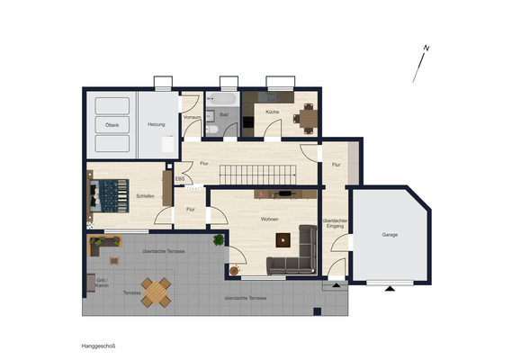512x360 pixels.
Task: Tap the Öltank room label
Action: [112, 125]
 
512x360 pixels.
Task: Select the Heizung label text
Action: [157, 125]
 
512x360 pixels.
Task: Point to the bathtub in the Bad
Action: [220, 99]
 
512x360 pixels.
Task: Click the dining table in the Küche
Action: [308, 115]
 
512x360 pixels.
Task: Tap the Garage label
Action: [389, 234]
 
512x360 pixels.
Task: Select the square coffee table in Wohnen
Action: [284, 238]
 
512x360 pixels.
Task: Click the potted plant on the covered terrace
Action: [218, 239]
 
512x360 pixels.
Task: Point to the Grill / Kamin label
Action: [102, 283]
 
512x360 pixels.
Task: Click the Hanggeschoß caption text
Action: [98, 345]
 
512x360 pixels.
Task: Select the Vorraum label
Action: [192, 117]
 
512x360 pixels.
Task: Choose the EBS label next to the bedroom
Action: [179, 179]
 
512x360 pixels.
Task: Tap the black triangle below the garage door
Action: [389, 290]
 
